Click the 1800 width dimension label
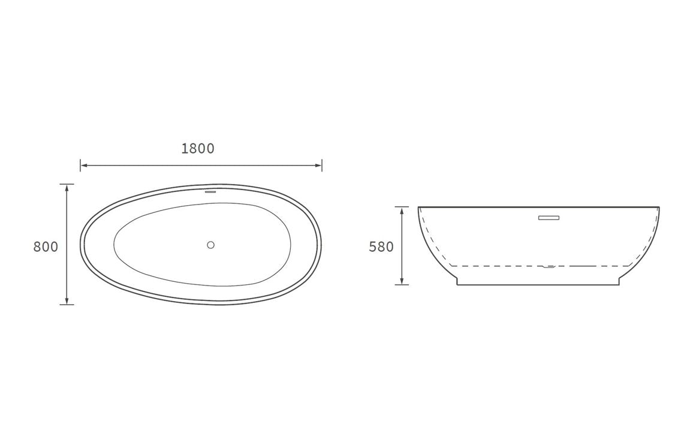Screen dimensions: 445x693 (198, 149)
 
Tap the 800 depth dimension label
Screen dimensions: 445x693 (46, 246)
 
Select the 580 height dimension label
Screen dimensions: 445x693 (381, 246)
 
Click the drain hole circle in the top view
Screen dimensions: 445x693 (210, 245)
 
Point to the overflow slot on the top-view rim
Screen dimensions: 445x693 (210, 192)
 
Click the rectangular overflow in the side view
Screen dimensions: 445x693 (548, 218)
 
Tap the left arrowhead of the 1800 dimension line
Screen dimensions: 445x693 (83, 165)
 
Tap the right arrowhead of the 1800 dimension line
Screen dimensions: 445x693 (319, 165)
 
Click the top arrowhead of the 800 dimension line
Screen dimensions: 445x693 (67, 187)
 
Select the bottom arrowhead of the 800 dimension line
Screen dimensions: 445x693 (67, 301)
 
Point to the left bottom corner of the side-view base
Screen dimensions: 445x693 (457, 284)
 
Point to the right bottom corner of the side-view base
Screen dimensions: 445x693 (619, 284)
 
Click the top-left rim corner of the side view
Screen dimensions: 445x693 (418, 208)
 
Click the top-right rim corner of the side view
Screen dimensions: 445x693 (659, 208)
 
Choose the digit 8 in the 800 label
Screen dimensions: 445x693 (37, 246)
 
